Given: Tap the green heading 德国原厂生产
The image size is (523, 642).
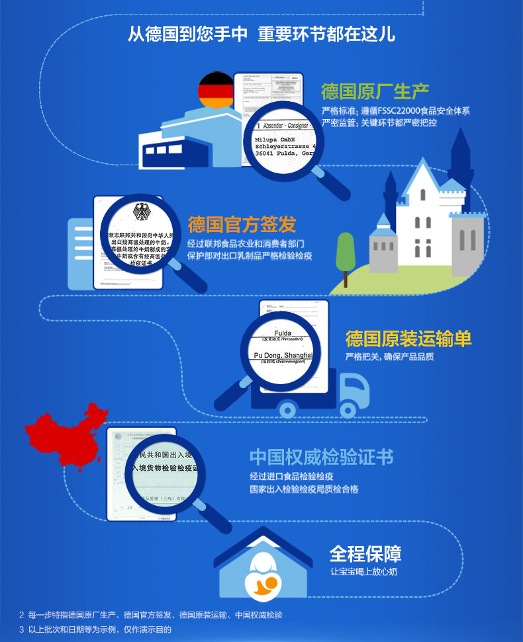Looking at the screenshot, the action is [x=375, y=91].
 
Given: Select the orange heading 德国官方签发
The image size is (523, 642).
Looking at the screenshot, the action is [x=242, y=224].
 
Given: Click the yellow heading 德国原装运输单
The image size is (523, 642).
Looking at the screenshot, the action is [x=408, y=339].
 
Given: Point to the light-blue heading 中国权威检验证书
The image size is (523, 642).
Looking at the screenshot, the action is [x=321, y=457].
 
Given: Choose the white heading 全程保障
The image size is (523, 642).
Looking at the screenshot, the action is [x=365, y=553].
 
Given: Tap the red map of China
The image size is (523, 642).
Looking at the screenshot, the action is [x=63, y=436].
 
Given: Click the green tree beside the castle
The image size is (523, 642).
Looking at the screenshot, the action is [x=346, y=251].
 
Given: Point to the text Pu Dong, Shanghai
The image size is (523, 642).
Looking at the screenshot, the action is [x=283, y=356].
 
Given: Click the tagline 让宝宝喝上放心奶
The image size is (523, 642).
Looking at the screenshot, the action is [x=364, y=571].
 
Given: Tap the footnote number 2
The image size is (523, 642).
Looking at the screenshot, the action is [x=21, y=615].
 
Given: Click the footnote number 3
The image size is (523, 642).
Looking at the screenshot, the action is [x=21, y=629].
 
